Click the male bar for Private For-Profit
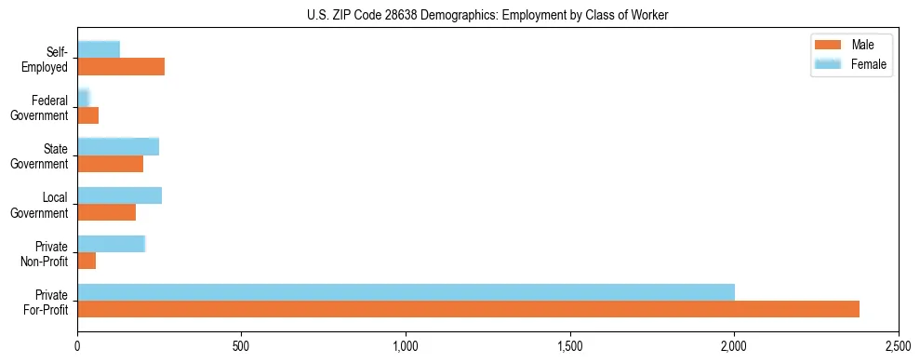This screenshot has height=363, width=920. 468,309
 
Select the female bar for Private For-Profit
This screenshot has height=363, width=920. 406,292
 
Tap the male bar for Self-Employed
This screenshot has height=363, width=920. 121,67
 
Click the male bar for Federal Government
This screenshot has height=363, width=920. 88,115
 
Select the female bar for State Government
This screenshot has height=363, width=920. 118,147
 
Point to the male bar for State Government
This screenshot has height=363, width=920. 111,164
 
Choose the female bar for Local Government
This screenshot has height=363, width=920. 120,195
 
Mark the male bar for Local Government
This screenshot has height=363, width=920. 107,212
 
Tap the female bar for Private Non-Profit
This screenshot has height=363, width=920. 112,244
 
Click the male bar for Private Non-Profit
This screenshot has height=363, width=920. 87,261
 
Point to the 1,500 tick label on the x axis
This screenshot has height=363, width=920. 570,346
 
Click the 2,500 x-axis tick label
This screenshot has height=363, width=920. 898,346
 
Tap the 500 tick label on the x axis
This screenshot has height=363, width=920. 241,346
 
